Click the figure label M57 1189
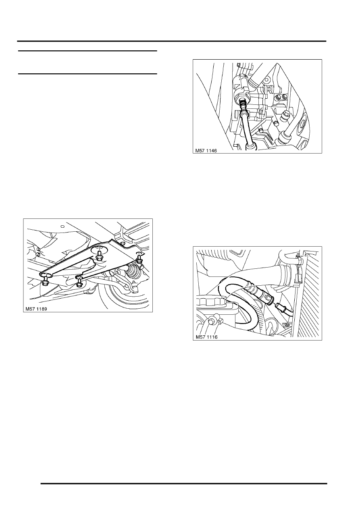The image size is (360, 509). tap(36, 309)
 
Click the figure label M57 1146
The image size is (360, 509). tap(206, 150)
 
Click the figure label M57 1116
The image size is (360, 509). tap(206, 337)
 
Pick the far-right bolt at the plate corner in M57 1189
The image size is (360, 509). tap(139, 258)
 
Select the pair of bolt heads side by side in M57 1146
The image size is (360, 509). tap(280, 98)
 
